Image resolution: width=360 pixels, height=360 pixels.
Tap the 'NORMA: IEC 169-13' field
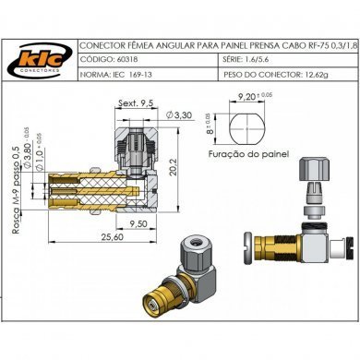click(116, 72)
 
